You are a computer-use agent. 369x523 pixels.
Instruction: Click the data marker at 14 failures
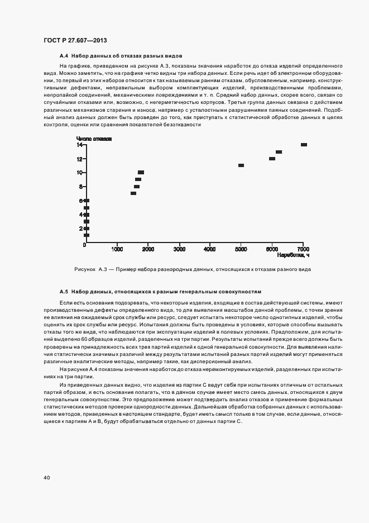pos(304,145)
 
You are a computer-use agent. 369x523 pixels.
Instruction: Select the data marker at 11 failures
pos(241,165)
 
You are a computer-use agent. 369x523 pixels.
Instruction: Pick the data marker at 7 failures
pos(133,193)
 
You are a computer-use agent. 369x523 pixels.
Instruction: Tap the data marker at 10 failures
pos(141,172)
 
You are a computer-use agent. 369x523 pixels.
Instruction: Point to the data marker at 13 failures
pos(279,152)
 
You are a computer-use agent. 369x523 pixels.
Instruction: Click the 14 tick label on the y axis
pos(80,145)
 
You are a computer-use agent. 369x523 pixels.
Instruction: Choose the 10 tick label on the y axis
pos(80,173)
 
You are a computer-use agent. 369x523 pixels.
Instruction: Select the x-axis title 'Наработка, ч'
pos(293,255)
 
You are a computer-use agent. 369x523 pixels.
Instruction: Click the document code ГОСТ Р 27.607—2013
pos(75,41)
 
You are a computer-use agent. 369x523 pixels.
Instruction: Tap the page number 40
pos(46,478)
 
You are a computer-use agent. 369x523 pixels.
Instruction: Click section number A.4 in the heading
pos(64,56)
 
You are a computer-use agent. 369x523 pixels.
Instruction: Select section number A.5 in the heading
pos(64,292)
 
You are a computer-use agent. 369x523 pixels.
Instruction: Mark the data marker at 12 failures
pos(272,159)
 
